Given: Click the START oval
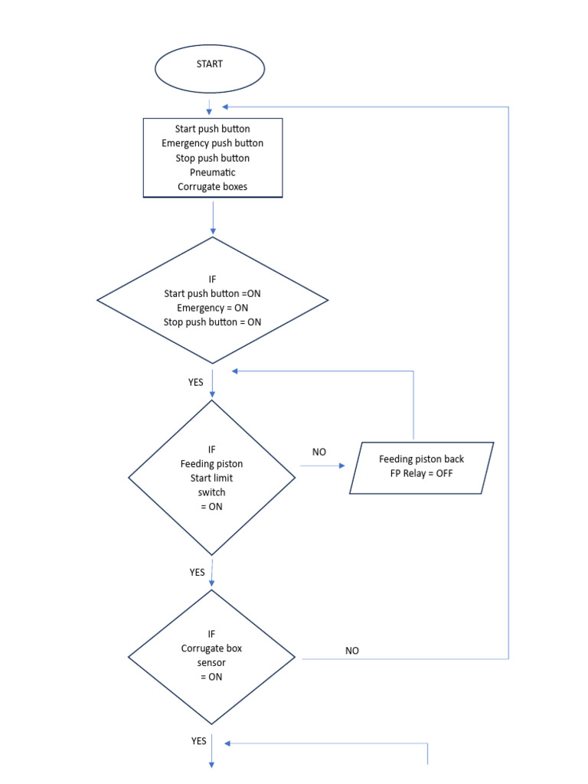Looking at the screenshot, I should pyautogui.click(x=209, y=67).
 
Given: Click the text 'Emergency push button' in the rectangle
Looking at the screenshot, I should pyautogui.click(x=212, y=143).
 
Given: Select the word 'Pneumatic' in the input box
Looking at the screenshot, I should pyautogui.click(x=212, y=172).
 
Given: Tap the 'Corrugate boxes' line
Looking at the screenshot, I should pyautogui.click(x=212, y=187).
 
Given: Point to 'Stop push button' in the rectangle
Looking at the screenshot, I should pyautogui.click(x=212, y=158).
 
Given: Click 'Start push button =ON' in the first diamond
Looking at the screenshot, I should pyautogui.click(x=212, y=293).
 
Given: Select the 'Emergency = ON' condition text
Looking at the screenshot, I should pyautogui.click(x=212, y=308).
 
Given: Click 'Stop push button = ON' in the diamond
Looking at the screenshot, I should pyautogui.click(x=212, y=322).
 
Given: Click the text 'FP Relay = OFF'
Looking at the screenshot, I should pyautogui.click(x=421, y=474).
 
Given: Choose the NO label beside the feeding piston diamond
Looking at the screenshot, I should pyautogui.click(x=319, y=452).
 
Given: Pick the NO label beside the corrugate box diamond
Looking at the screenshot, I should pyautogui.click(x=352, y=651).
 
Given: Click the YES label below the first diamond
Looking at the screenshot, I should pyautogui.click(x=196, y=382).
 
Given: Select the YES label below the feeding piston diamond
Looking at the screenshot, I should pyautogui.click(x=197, y=572).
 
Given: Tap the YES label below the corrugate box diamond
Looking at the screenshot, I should pyautogui.click(x=198, y=741).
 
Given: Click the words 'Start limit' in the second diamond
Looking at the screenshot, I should pyautogui.click(x=212, y=478).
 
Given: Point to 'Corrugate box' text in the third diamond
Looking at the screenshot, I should pyautogui.click(x=212, y=648).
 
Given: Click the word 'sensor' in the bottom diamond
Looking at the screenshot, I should pyautogui.click(x=212, y=663).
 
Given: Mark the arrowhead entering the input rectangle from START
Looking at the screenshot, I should pyautogui.click(x=209, y=112).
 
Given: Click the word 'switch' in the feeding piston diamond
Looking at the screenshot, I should pyautogui.click(x=212, y=492).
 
